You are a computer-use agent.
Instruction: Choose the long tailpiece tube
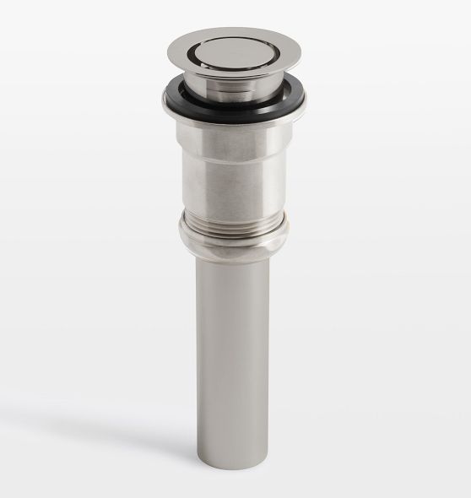click(x=235, y=355)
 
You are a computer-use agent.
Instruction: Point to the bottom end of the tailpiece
click(x=235, y=463)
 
